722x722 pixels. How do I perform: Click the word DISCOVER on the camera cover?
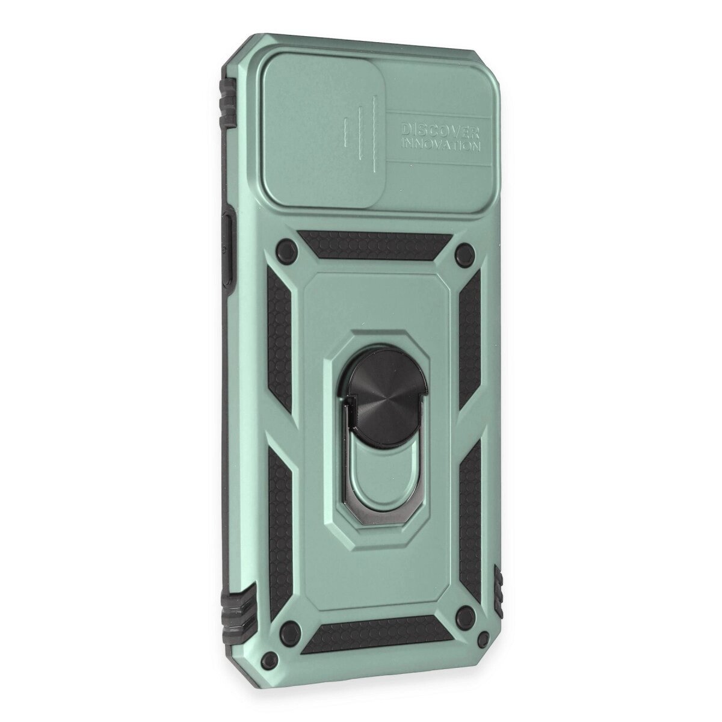click(x=440, y=132)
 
